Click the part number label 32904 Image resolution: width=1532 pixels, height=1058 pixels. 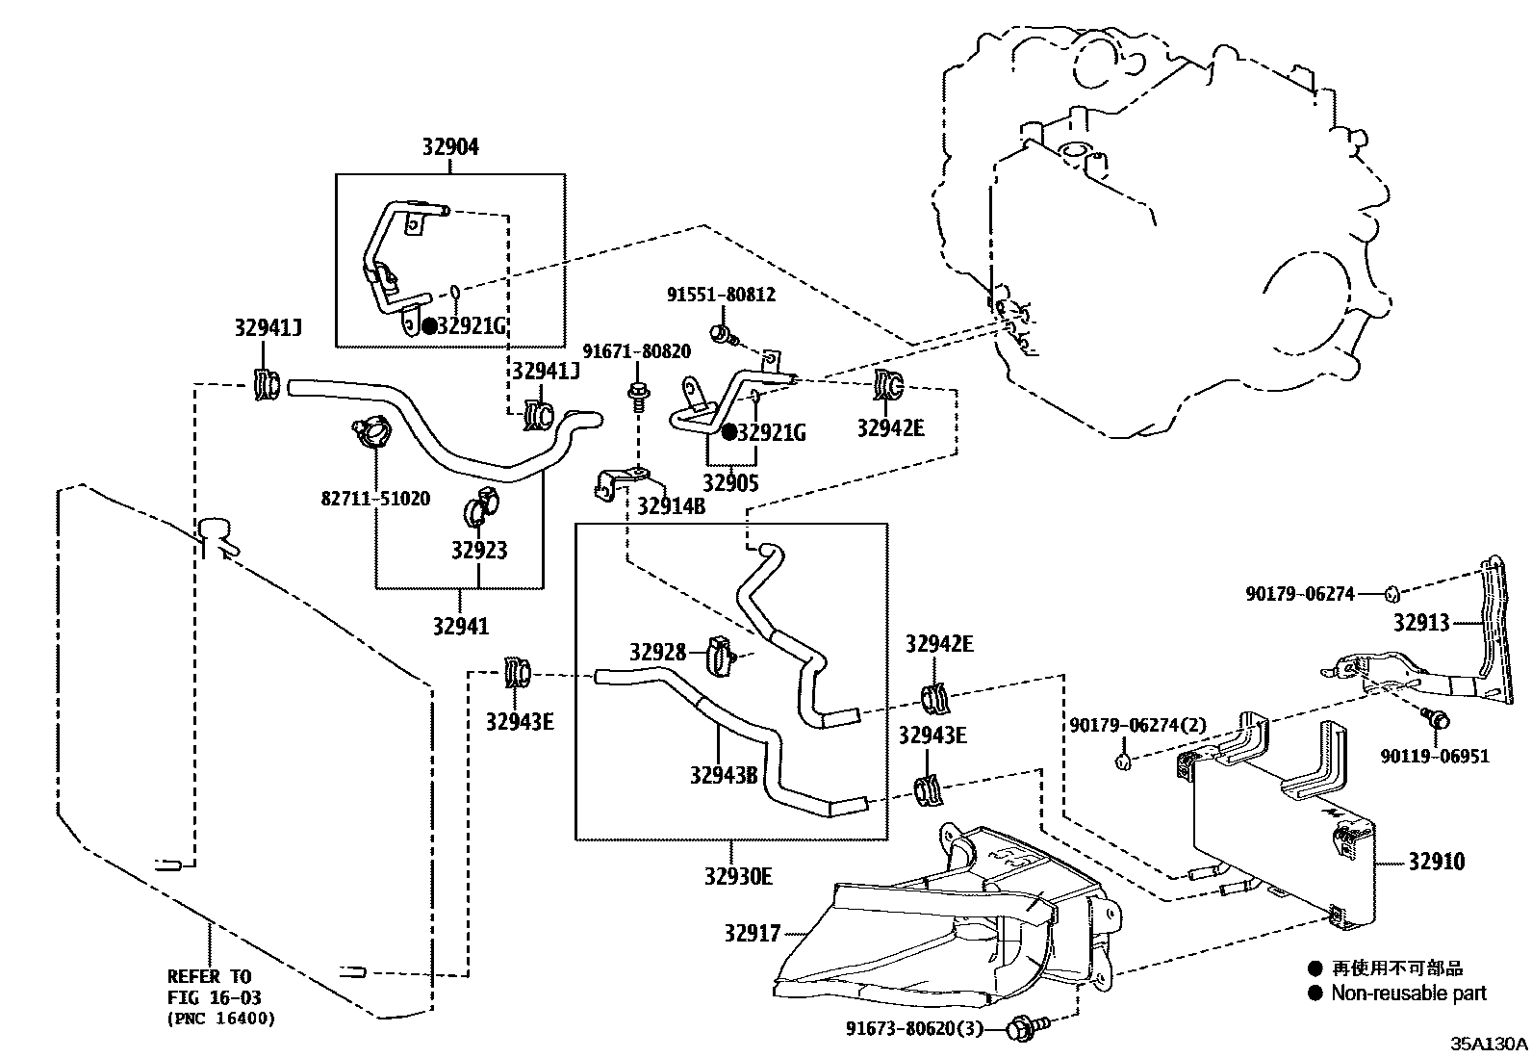(449, 147)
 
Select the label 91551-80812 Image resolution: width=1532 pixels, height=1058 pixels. (721, 295)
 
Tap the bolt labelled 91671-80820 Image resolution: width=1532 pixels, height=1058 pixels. (636, 395)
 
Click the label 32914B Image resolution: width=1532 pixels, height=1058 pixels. (671, 505)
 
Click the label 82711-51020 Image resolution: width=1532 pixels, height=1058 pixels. (375, 499)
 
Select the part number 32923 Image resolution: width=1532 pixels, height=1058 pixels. (479, 551)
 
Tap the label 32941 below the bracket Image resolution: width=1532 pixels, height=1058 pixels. (460, 627)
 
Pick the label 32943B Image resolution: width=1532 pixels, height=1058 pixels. (724, 773)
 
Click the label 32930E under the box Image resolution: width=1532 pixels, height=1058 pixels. (737, 876)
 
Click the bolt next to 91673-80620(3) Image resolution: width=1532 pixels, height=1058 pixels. (1019, 1030)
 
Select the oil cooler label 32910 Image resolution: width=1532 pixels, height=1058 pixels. (1436, 861)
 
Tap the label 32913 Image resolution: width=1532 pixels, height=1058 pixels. (1420, 623)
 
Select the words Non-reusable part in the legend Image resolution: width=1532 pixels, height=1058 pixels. (1408, 993)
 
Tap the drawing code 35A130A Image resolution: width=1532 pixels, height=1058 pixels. (1489, 1044)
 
